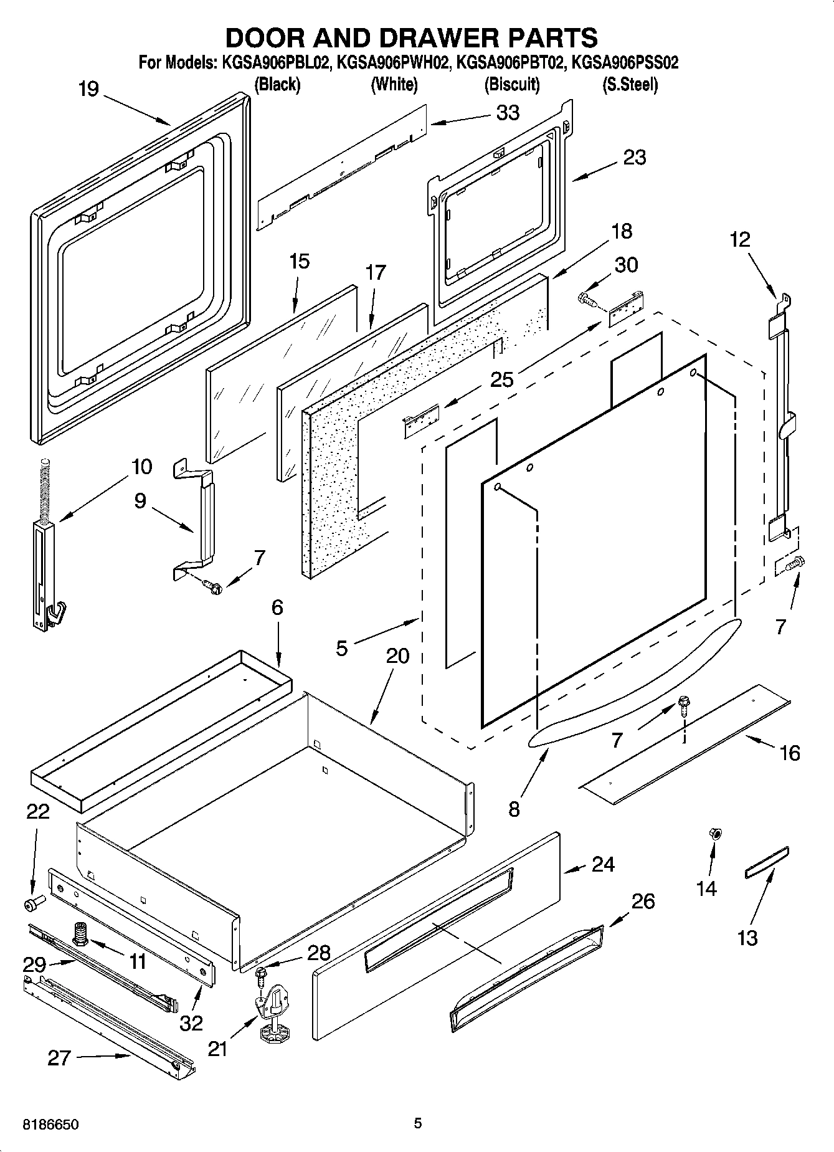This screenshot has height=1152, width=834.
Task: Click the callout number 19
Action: (89, 89)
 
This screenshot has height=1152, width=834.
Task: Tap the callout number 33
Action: (508, 113)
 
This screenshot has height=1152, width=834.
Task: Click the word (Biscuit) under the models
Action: (512, 84)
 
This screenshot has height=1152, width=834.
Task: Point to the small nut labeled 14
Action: (715, 834)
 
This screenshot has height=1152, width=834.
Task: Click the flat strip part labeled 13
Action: (767, 862)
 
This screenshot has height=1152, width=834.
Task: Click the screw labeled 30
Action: (587, 299)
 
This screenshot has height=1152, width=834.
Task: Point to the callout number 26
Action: (643, 901)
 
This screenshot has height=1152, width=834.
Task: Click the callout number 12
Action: (740, 239)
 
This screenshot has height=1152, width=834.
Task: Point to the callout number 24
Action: (603, 864)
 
